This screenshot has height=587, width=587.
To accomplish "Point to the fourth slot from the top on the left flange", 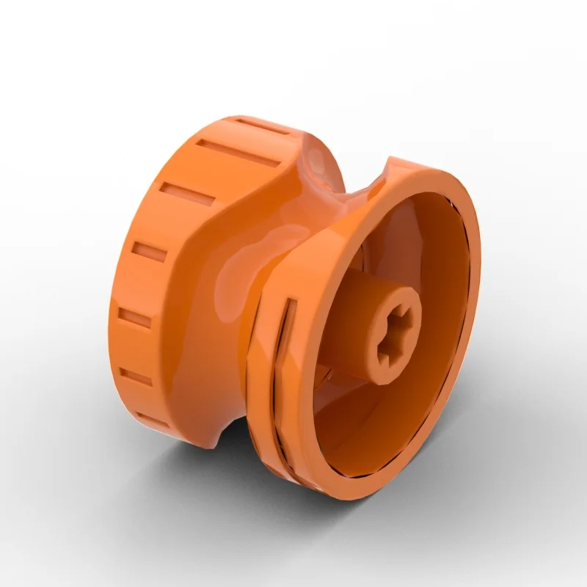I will pyautogui.click(x=150, y=253).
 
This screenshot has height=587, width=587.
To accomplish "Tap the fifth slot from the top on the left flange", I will pyautogui.click(x=135, y=318).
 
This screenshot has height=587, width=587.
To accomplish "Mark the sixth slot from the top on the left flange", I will pyautogui.click(x=136, y=377).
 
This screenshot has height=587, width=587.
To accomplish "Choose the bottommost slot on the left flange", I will pyautogui.click(x=150, y=420).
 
